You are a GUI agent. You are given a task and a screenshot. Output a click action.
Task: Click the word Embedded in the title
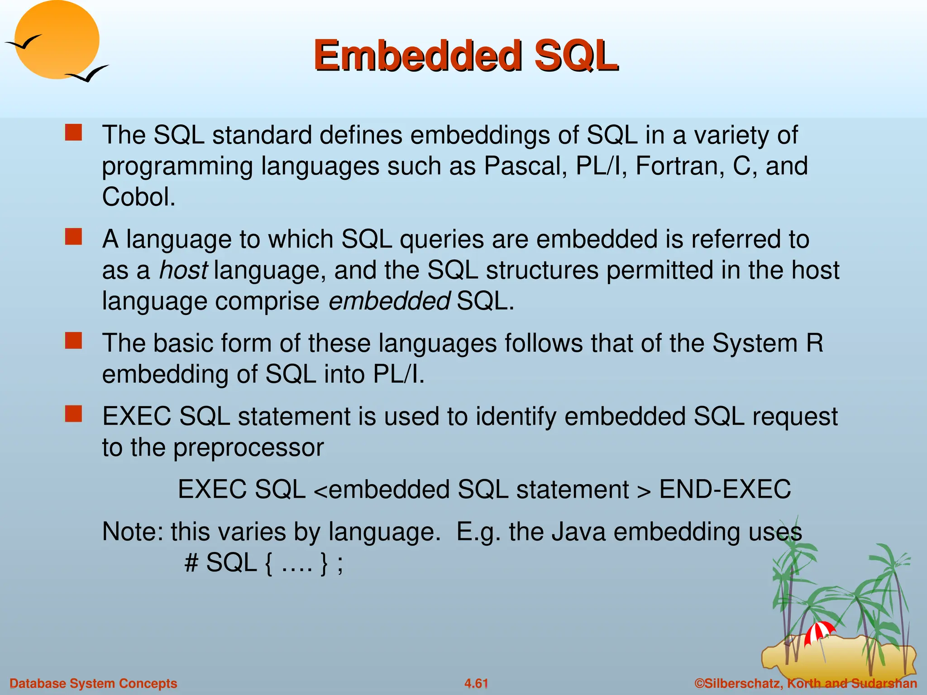(x=418, y=56)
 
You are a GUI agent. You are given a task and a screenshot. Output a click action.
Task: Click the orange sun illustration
(x=57, y=40)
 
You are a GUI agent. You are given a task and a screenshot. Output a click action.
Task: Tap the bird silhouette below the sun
(x=88, y=74)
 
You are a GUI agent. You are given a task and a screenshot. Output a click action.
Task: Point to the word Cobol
(x=138, y=197)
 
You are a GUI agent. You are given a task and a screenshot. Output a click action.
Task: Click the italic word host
(x=183, y=270)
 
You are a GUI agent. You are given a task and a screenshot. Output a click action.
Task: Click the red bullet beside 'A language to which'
(x=73, y=237)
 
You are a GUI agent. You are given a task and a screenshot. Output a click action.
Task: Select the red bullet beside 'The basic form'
(x=73, y=341)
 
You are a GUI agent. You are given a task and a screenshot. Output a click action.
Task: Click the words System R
(x=768, y=343)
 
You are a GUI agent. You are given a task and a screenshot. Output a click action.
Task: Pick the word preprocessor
(x=248, y=447)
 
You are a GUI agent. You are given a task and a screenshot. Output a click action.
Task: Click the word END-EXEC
(x=725, y=490)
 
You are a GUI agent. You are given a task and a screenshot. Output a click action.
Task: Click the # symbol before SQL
(x=191, y=563)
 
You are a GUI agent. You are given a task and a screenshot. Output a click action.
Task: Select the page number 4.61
(x=476, y=683)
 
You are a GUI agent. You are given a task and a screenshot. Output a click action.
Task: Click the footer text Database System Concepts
(x=93, y=683)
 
